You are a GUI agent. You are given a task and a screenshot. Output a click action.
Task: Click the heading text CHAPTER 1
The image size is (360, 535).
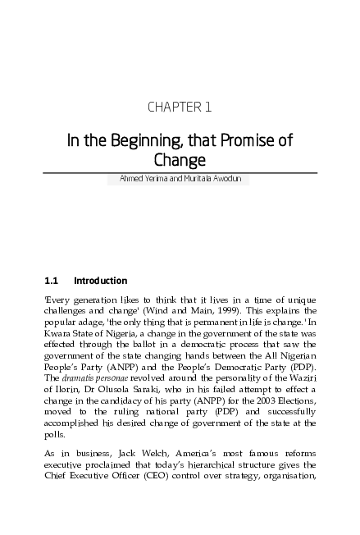180,107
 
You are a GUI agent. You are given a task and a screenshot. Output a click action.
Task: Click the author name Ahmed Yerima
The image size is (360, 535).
156,179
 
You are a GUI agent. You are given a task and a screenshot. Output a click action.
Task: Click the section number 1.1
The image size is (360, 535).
51,281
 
